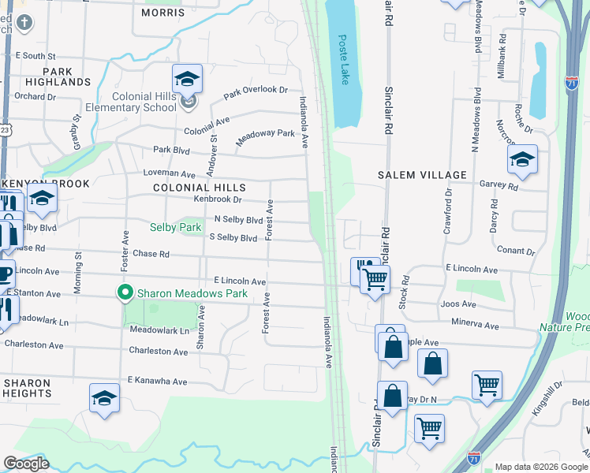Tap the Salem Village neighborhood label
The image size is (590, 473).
[422, 174]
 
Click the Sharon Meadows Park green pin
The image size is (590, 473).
[125, 292]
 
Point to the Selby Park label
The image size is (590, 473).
[176, 227]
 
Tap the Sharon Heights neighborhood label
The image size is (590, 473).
[27, 388]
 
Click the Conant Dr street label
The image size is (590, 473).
[517, 251]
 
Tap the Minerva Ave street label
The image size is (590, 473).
[476, 325]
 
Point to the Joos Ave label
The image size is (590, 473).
[459, 304]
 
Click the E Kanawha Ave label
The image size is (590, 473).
[157, 381]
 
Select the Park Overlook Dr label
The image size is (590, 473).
[256, 93]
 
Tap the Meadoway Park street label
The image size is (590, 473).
[266, 134]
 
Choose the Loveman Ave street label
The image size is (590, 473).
[169, 173]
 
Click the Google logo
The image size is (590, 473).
[27, 464]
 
